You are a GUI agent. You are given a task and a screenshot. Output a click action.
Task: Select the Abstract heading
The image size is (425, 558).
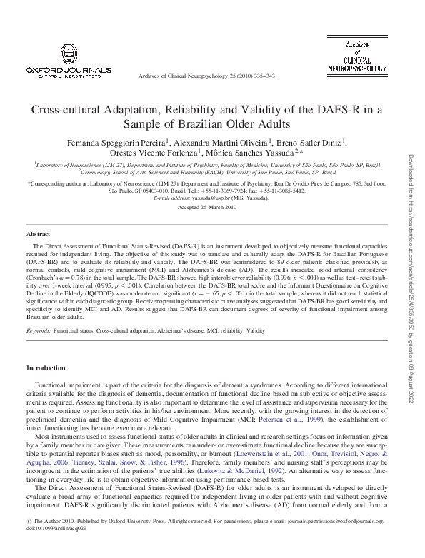pyautogui.click(x=38, y=234)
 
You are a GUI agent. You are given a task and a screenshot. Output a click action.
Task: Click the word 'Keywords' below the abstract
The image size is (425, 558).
pyautogui.click(x=39, y=332)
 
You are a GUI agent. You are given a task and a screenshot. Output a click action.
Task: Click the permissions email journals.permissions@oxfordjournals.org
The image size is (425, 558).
pyautogui.click(x=342, y=542)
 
